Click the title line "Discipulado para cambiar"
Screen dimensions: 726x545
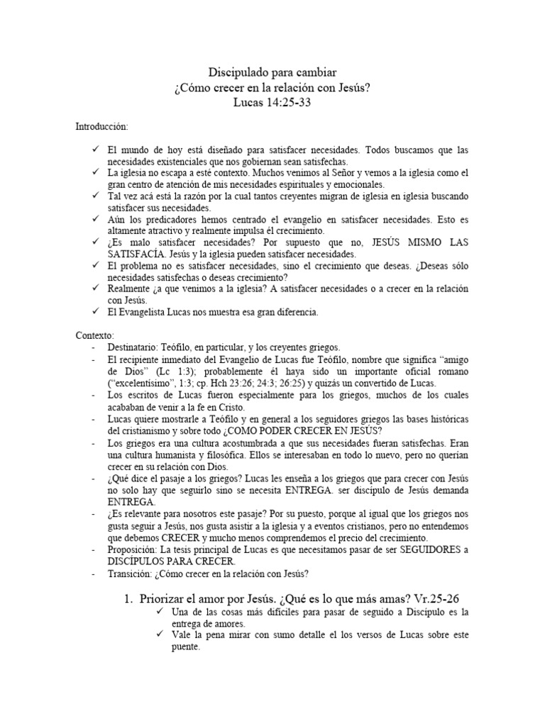tap(272, 72)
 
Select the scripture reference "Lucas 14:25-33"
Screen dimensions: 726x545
tap(272, 102)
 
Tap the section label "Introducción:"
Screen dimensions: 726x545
tap(102, 127)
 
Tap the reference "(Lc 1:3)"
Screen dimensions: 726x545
tap(170, 372)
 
